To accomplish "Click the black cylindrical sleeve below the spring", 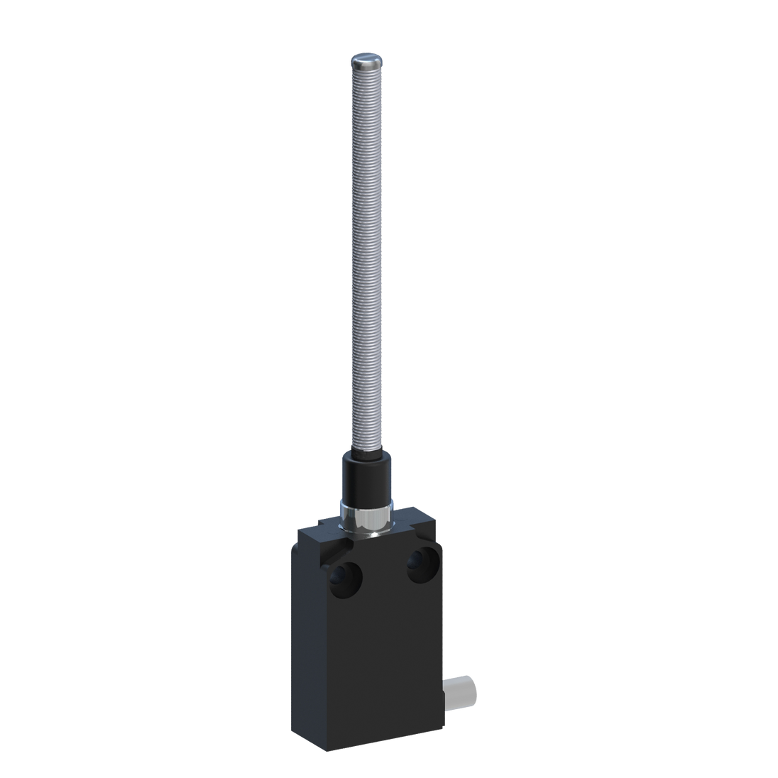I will pos(365,476).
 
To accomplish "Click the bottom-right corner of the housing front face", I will pos(441,717).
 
